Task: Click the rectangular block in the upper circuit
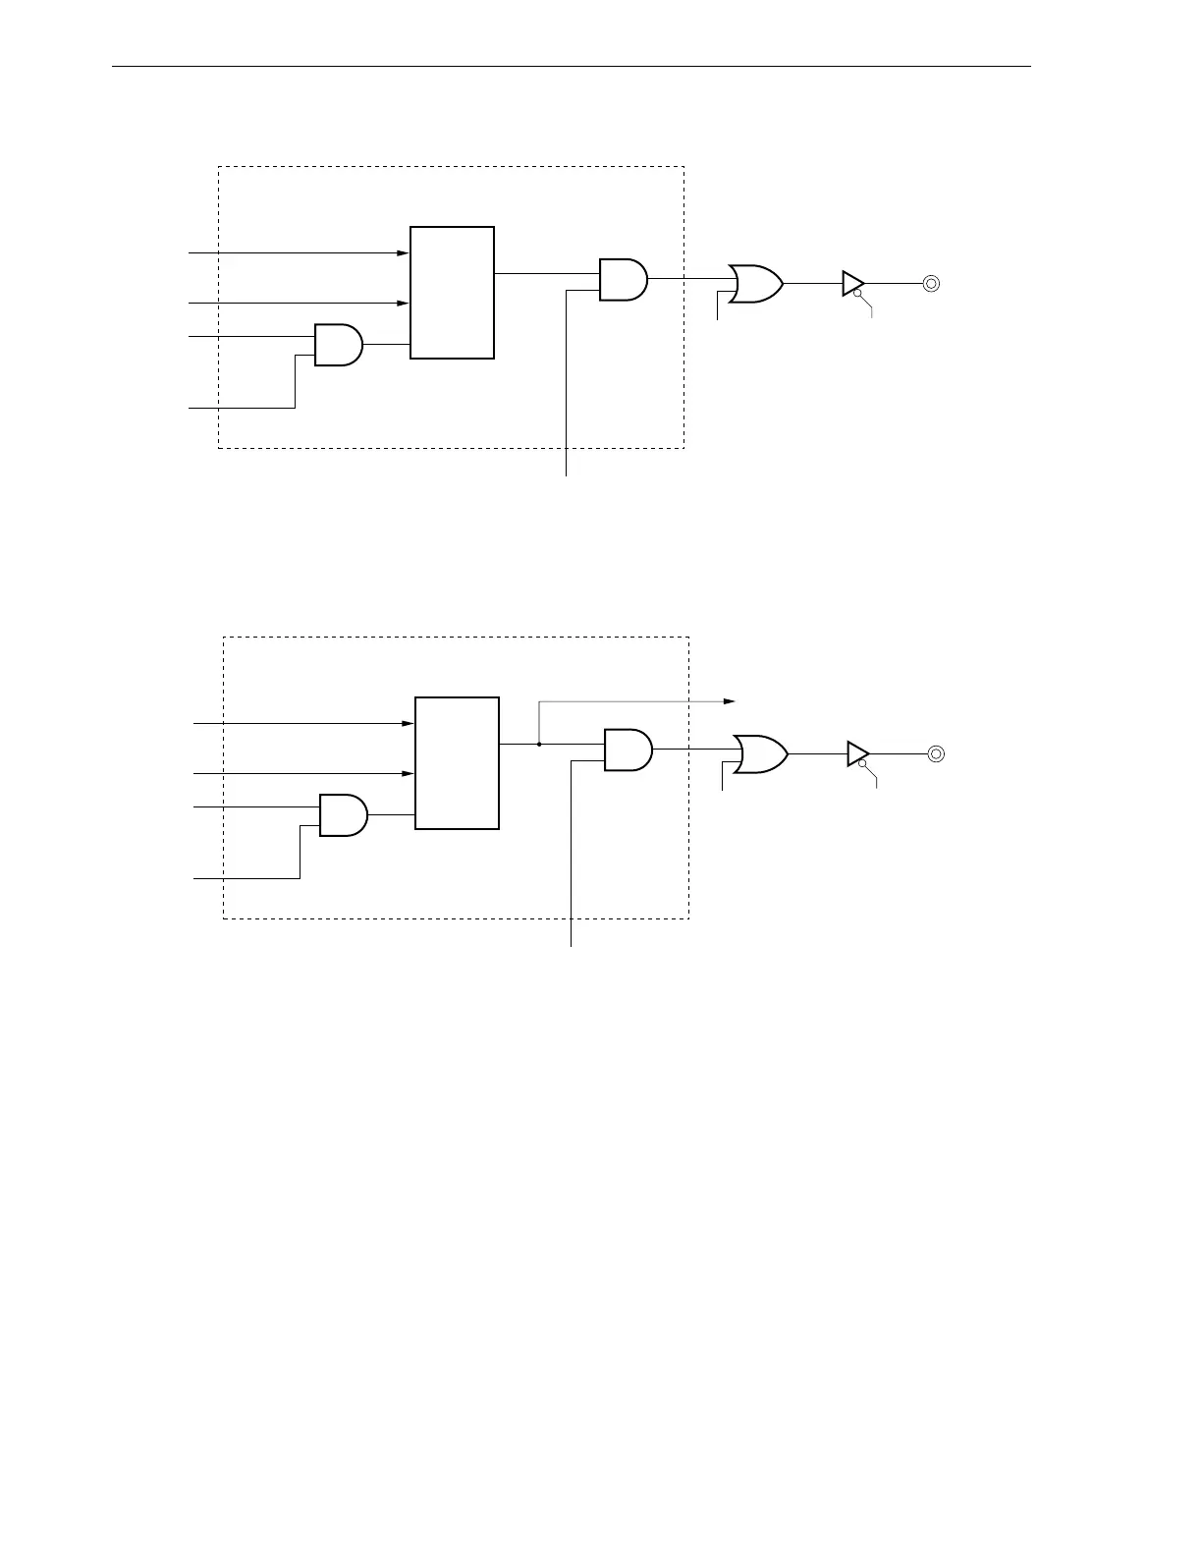452,293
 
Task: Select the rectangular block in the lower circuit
458,763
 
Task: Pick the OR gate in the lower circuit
761,753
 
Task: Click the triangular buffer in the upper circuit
852,283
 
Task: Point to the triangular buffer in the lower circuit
857,753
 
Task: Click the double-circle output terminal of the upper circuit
931,283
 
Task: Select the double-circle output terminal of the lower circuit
936,753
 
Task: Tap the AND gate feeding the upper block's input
338,345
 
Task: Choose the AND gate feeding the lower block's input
343,815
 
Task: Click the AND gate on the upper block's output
623,279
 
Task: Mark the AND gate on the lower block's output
628,750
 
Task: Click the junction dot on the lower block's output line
539,745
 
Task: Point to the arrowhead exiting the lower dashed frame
730,701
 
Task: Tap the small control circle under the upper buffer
857,294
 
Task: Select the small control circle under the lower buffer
862,764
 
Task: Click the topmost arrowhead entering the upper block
403,253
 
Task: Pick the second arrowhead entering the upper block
403,305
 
